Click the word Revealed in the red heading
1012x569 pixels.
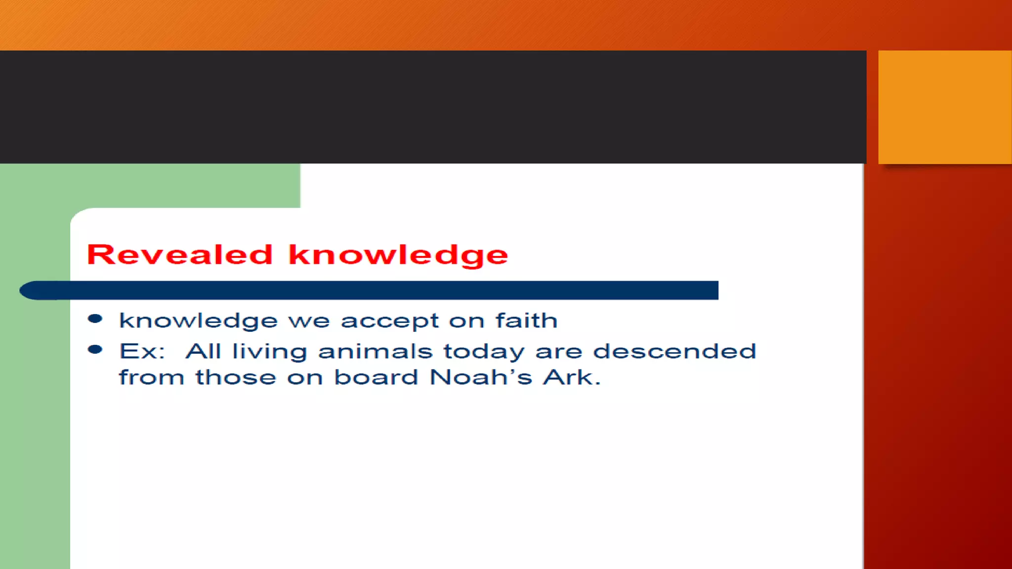click(179, 255)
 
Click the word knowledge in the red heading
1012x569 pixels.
click(398, 256)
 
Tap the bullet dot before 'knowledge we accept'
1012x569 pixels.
click(95, 319)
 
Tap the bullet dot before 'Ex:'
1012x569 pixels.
click(95, 350)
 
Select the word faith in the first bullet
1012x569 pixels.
click(526, 321)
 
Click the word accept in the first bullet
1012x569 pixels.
click(389, 322)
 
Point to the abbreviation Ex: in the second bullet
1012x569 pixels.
click(142, 352)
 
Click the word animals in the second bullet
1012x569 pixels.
click(375, 352)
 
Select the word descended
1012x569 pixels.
click(675, 352)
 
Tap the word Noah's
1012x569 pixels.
click(481, 377)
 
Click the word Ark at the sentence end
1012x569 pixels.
click(568, 377)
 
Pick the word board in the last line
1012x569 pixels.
click(376, 377)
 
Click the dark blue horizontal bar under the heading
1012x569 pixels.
click(395, 290)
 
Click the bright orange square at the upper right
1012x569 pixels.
click(944, 107)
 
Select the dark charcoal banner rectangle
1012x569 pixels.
click(432, 107)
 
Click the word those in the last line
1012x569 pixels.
click(236, 377)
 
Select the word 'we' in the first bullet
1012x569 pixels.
click(309, 322)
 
